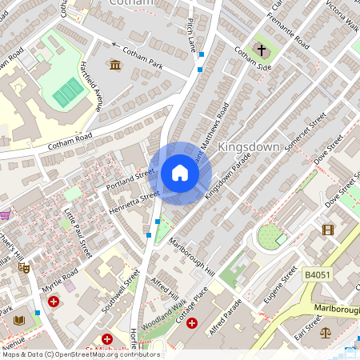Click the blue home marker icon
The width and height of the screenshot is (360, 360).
(180, 173)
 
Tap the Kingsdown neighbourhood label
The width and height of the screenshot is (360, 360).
(250, 148)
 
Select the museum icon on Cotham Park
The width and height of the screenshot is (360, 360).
(115, 65)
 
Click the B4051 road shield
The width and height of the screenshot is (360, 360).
(318, 274)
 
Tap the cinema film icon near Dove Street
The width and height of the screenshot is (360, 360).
(327, 230)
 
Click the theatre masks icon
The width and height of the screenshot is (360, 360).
(25, 270)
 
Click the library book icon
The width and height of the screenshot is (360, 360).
(19, 320)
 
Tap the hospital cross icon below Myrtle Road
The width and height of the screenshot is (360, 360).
(54, 302)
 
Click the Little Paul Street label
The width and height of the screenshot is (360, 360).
(78, 233)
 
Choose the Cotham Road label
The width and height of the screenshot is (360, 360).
(70, 141)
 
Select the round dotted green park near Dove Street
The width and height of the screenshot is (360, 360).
(270, 236)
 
